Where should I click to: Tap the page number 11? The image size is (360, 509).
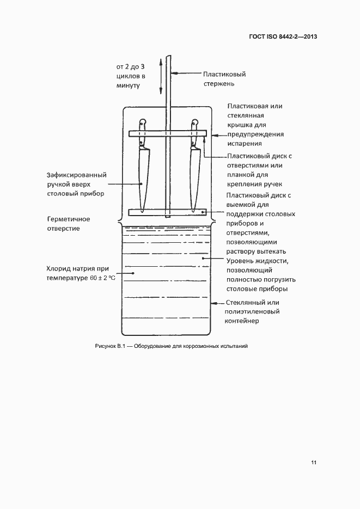click(314, 463)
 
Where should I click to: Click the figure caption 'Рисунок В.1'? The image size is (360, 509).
click(111, 346)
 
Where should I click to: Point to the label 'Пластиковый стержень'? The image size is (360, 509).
click(224, 78)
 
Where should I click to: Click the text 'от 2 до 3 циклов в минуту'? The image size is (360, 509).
click(130, 76)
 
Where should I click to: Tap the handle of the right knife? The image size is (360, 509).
click(194, 132)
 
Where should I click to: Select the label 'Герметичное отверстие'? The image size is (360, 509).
click(69, 223)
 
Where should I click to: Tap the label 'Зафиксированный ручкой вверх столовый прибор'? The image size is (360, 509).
click(76, 184)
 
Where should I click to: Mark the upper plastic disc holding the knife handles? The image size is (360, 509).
click(167, 133)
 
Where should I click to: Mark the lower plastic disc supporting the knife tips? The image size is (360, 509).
click(167, 212)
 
